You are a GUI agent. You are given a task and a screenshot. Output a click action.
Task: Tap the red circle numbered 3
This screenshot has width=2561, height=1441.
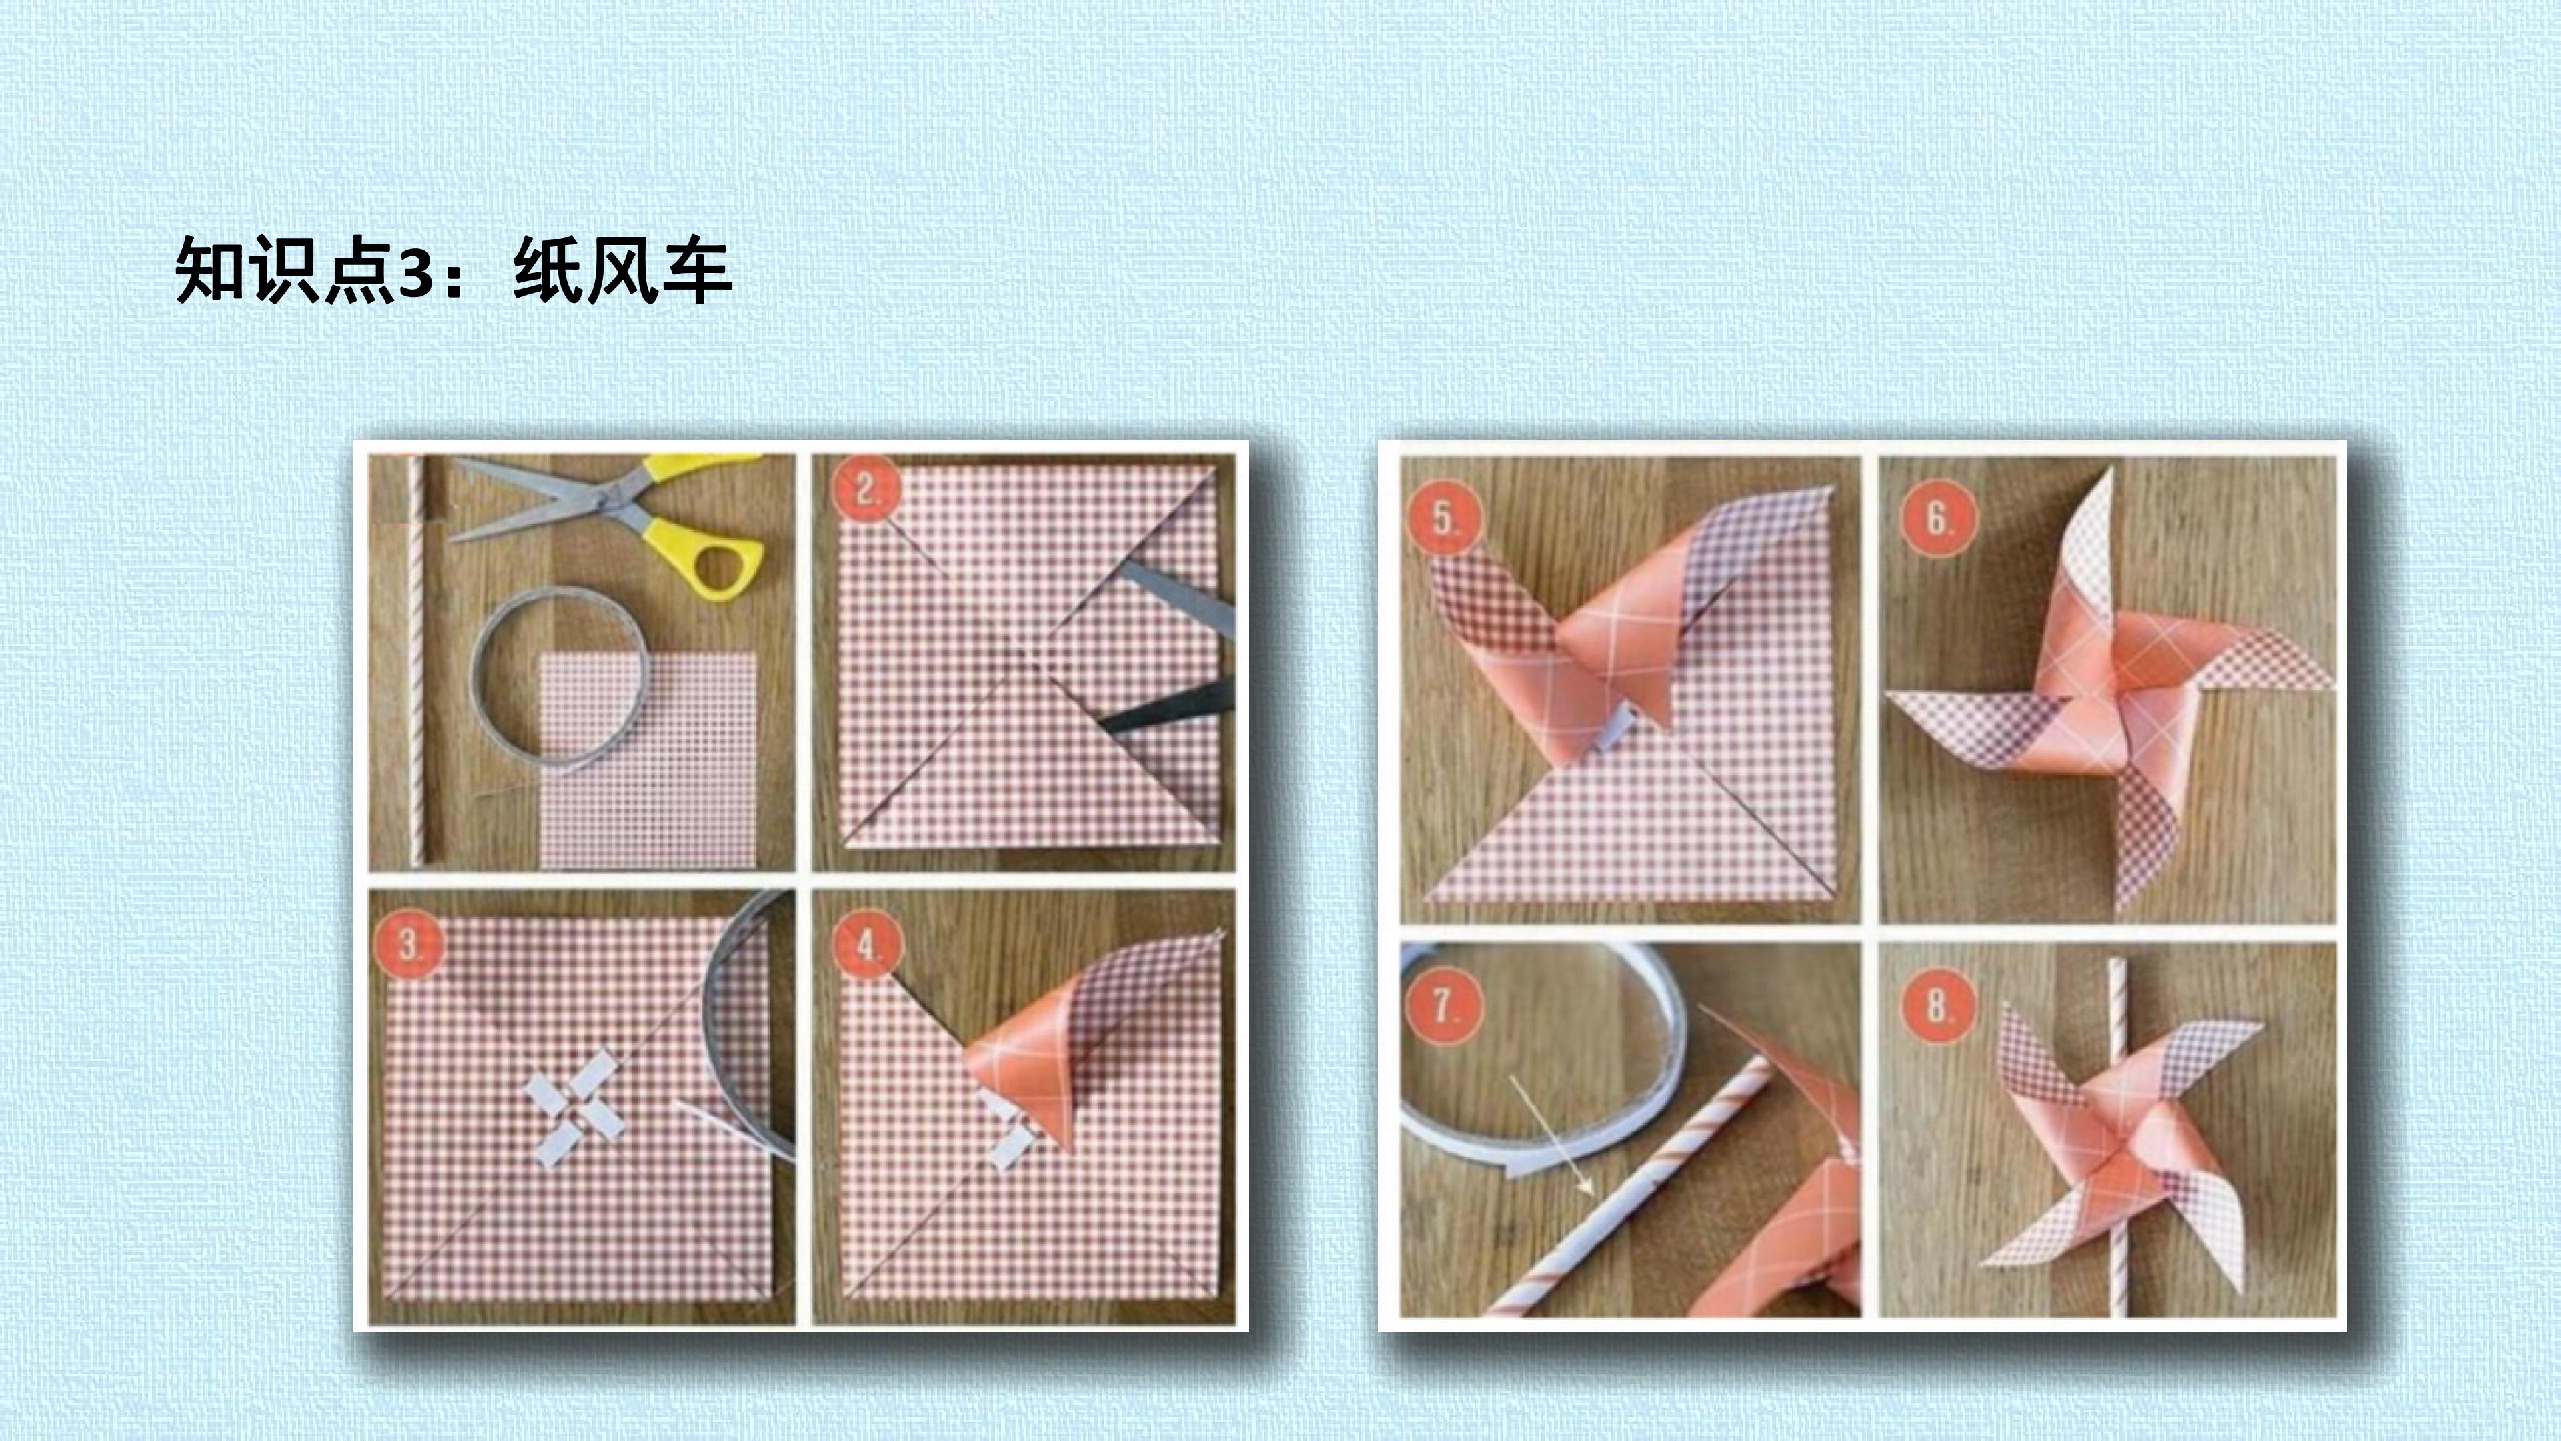coord(409,944)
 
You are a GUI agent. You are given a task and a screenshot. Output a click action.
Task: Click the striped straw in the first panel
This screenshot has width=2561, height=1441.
coord(417,660)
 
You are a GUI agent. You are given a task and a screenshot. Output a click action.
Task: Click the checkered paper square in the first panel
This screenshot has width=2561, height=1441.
coord(647,760)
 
